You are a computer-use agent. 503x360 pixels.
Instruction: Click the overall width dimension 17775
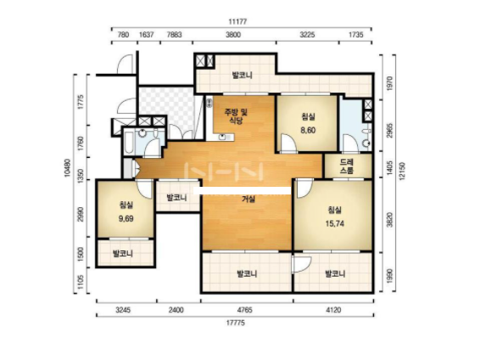[236, 323]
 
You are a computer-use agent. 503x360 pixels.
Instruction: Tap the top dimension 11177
[238, 22]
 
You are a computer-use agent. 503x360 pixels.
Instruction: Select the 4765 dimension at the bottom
[244, 310]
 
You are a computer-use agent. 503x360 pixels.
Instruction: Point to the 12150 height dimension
[402, 171]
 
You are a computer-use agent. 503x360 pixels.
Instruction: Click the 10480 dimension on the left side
[67, 168]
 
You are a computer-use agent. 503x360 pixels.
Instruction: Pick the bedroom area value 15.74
[334, 223]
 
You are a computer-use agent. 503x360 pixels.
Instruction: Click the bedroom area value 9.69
[126, 219]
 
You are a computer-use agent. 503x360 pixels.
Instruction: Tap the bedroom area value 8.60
[308, 130]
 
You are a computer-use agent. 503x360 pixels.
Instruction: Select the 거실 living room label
[249, 200]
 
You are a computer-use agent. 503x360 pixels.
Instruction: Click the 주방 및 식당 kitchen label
[236, 116]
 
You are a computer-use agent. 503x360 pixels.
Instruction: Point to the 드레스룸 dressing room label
[347, 166]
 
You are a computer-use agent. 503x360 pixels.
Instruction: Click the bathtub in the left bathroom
[129, 142]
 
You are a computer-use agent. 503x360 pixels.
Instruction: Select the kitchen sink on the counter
[222, 138]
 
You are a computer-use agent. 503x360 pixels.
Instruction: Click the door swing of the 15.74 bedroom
[305, 188]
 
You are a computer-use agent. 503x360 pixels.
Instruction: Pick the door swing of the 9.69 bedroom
[144, 189]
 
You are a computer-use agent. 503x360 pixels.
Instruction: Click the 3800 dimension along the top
[233, 35]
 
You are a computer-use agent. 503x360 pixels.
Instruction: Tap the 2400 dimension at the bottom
[176, 310]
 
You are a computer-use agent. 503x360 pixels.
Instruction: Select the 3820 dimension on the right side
[389, 220]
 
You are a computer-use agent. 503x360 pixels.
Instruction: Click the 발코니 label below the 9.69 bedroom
[123, 254]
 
